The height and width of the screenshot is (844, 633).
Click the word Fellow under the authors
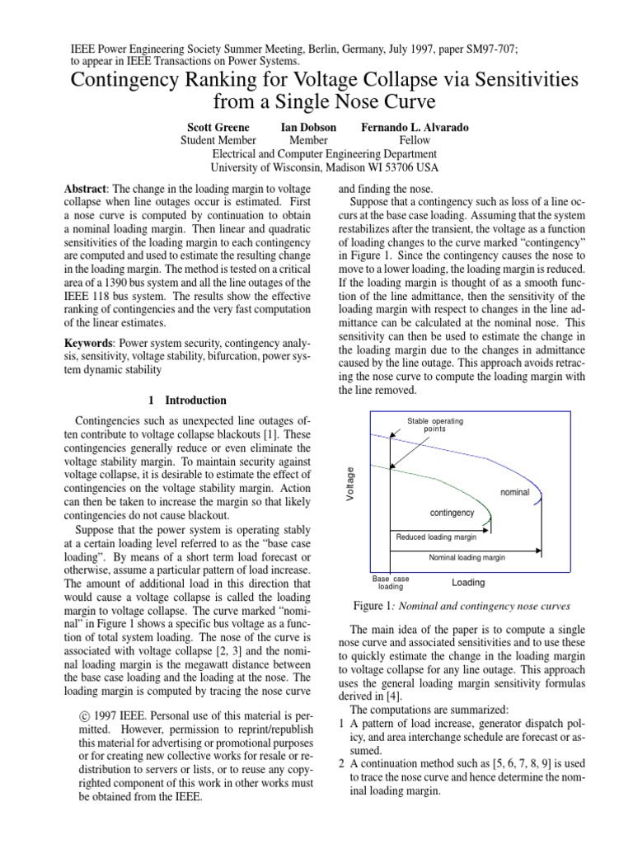(x=415, y=141)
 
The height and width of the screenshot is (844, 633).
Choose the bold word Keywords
(x=91, y=342)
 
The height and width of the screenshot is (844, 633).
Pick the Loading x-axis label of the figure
(x=468, y=583)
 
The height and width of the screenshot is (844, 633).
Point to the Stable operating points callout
(x=435, y=425)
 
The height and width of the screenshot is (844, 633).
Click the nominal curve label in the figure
(x=514, y=493)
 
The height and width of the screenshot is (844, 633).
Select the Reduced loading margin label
(x=437, y=537)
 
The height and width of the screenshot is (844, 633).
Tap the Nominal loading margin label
(x=467, y=557)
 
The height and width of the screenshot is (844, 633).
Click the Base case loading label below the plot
(x=390, y=583)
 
